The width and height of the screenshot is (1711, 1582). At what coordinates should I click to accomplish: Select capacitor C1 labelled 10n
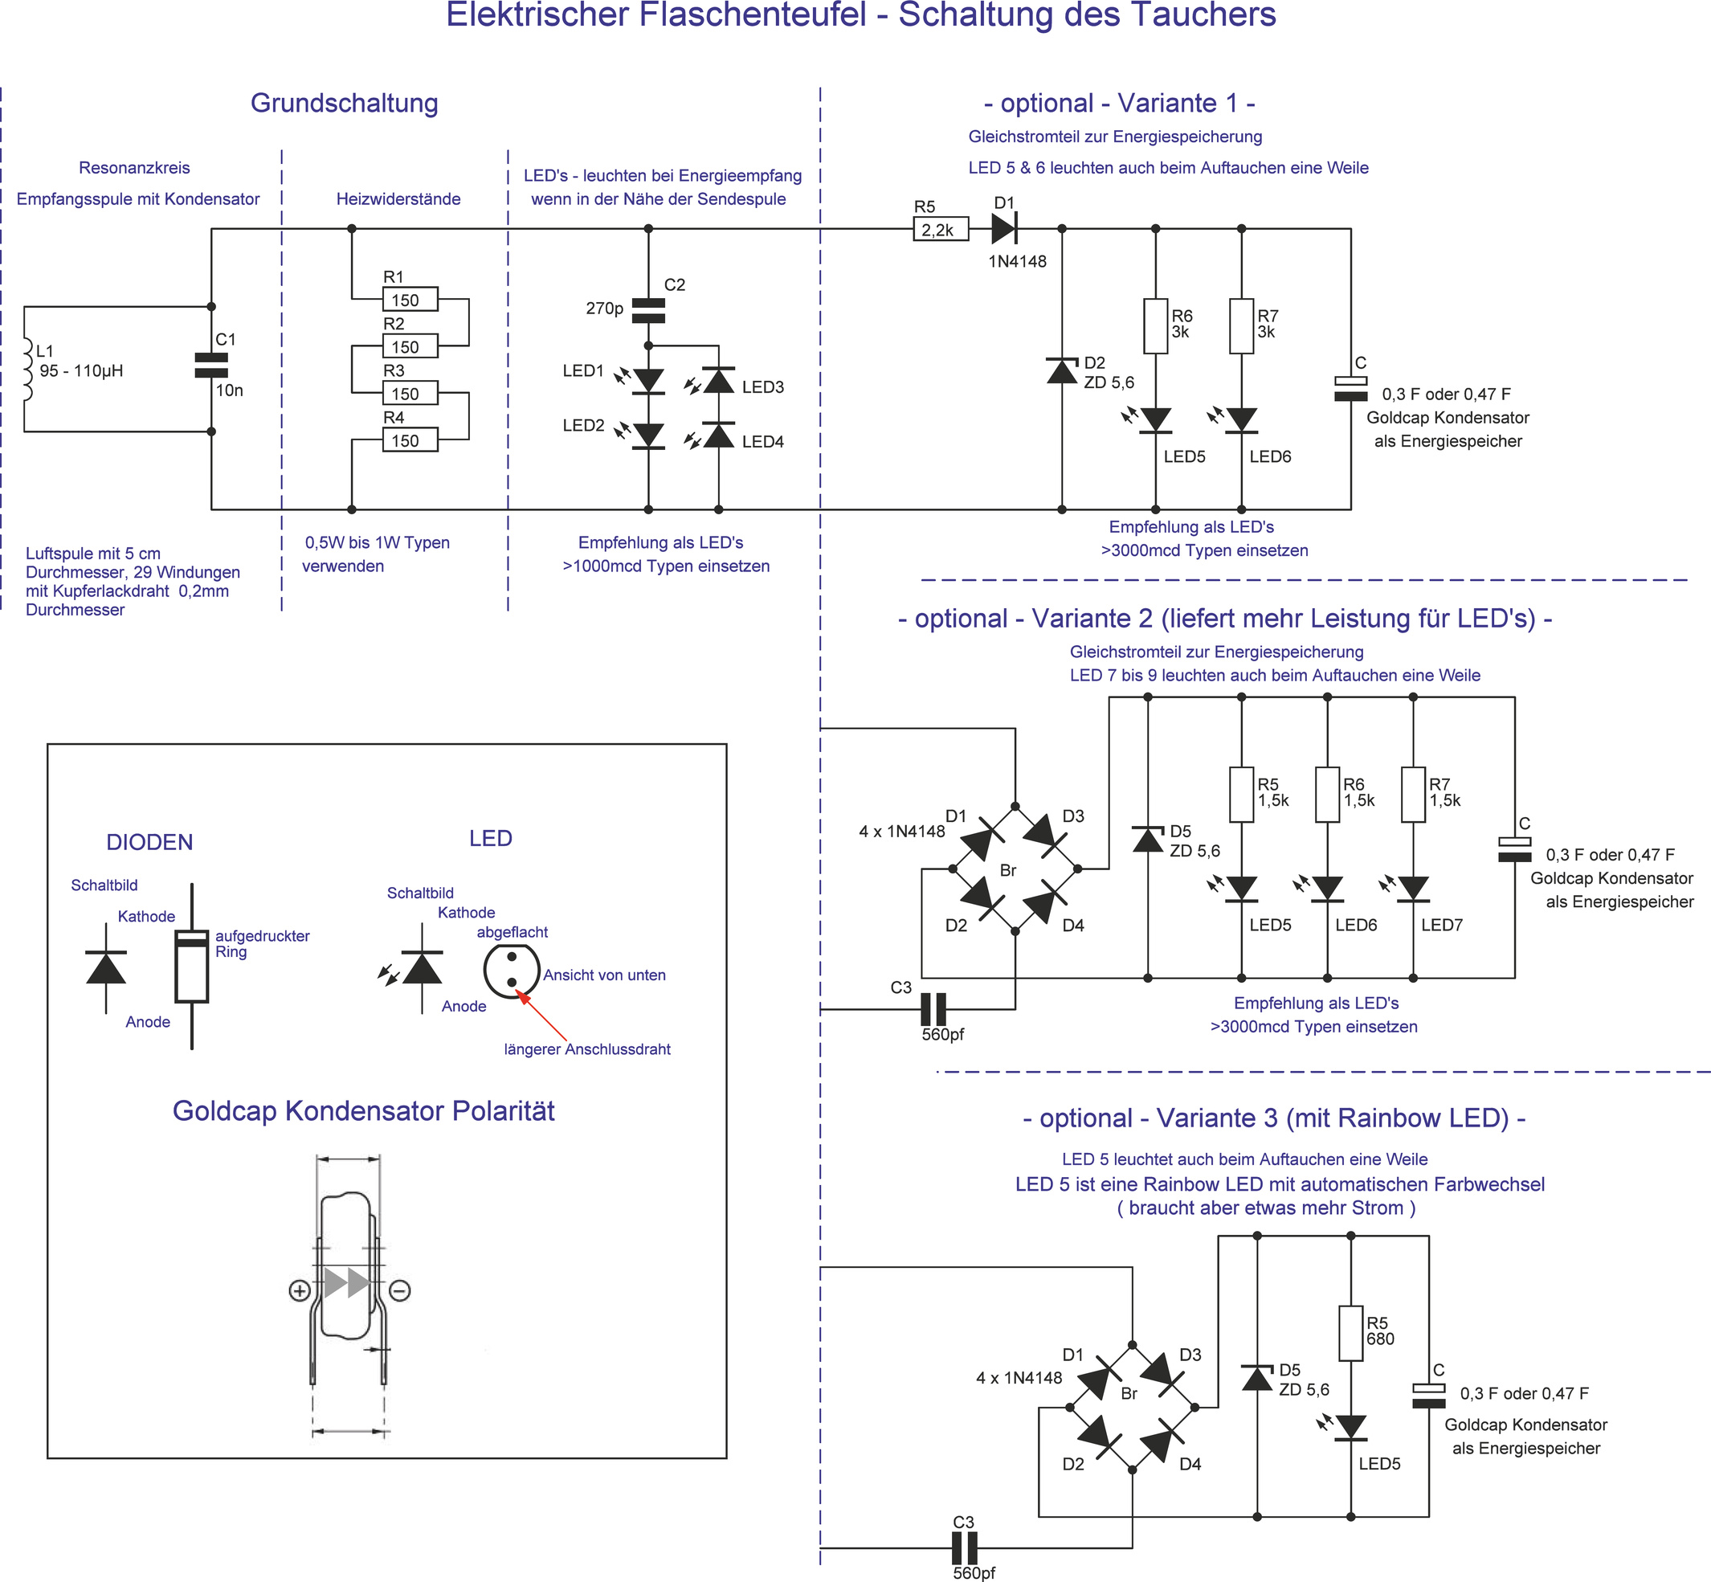tap(211, 366)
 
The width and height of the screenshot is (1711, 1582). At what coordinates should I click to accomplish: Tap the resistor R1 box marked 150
tap(410, 300)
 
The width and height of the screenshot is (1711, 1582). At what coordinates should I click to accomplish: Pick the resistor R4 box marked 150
tap(410, 440)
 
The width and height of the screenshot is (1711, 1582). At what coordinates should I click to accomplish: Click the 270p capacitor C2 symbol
tap(648, 310)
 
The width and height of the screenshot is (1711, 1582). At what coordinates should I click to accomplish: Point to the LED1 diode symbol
tap(648, 380)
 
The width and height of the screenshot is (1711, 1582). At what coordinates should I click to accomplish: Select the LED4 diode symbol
tap(718, 435)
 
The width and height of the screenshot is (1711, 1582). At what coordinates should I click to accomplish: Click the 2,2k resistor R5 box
tap(941, 230)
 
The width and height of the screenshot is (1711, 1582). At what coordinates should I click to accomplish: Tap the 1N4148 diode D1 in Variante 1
tap(1003, 228)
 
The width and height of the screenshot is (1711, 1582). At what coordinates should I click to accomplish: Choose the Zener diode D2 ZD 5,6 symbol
tap(1062, 370)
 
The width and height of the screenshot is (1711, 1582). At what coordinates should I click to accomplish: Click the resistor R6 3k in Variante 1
tap(1155, 326)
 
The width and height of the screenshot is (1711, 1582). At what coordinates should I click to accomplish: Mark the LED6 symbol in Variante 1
tap(1241, 419)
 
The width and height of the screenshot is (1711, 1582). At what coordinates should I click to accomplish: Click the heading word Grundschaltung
tap(344, 103)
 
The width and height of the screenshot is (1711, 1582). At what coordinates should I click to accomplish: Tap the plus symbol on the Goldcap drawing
tap(300, 1291)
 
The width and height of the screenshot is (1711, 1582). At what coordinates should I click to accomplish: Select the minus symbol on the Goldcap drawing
tap(400, 1291)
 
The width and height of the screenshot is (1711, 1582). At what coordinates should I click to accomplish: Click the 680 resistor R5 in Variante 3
tap(1350, 1333)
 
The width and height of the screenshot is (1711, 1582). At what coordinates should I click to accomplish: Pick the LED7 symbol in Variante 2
tap(1413, 889)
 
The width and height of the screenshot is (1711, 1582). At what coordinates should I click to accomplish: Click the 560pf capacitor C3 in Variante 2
tap(933, 1009)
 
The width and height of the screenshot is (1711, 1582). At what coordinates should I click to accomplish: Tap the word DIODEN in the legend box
tap(149, 842)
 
